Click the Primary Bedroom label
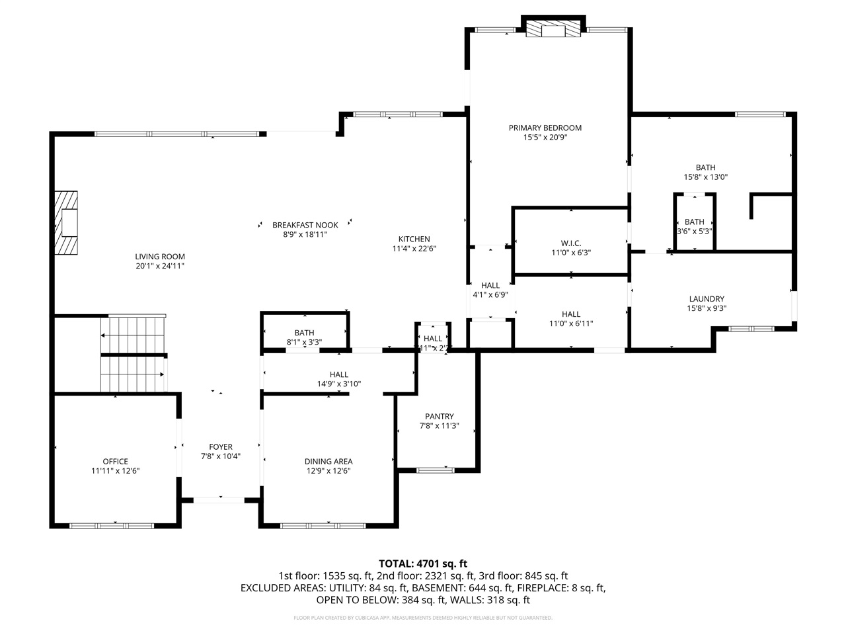click(545, 128)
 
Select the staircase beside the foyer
click(132, 355)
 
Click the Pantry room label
click(439, 417)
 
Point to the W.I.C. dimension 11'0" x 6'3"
click(571, 253)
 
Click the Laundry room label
click(706, 299)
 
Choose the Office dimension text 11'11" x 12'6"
click(115, 471)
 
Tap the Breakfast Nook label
click(305, 225)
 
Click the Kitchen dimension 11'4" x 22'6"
click(414, 249)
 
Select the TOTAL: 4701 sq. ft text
click(422, 564)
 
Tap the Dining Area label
click(328, 462)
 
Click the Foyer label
click(221, 447)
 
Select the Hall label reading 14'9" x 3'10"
click(338, 384)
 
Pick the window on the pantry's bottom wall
click(436, 470)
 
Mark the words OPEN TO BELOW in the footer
click(348, 601)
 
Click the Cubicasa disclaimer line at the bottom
click(422, 618)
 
